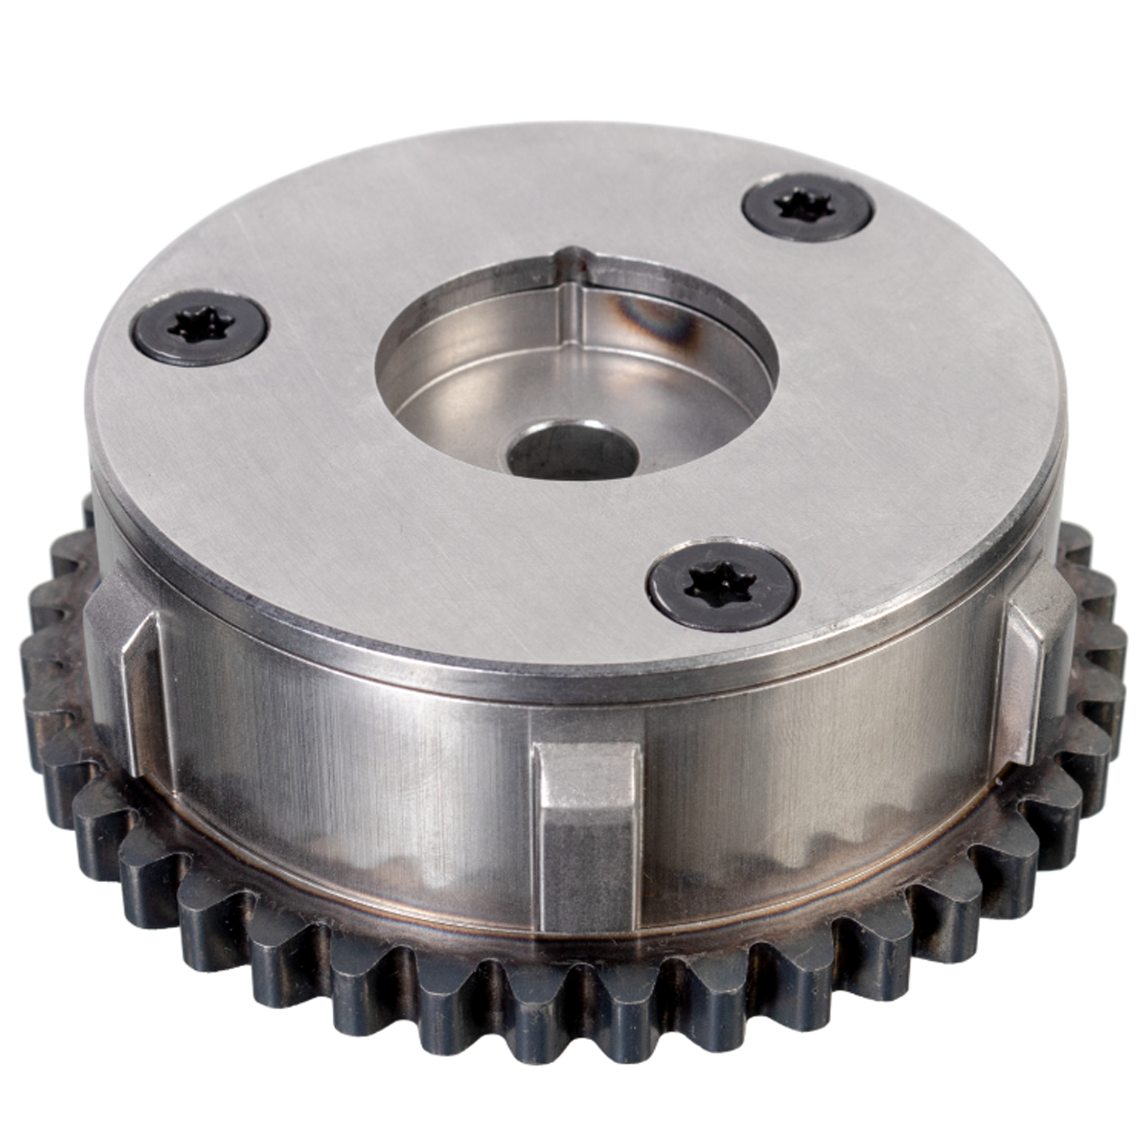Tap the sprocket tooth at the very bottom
[593, 1061]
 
